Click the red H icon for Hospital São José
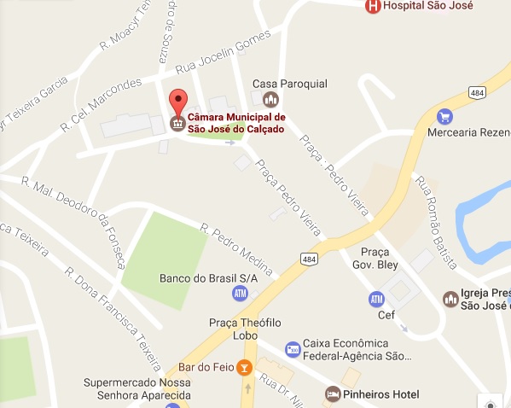coord(373,7)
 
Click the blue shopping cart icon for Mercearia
coord(444,115)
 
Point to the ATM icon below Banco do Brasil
coord(240,294)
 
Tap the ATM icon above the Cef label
coord(375,299)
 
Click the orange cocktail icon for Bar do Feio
coord(245,367)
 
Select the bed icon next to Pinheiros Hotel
coord(333,393)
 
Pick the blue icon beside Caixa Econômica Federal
coord(293,349)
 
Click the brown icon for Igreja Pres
coord(450,299)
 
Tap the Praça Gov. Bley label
coord(375,258)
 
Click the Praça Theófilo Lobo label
coord(245,328)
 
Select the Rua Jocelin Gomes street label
coord(223,53)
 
